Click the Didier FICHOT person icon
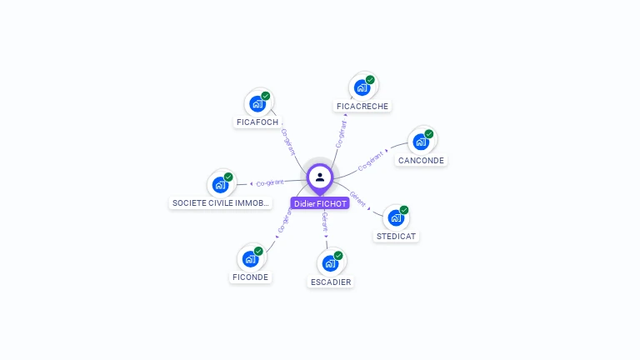[320, 177]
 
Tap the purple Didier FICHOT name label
[320, 203]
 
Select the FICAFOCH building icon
[257, 105]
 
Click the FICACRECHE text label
[362, 107]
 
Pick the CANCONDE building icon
[421, 142]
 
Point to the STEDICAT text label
[397, 236]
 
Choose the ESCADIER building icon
[330, 264]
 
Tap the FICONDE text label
[251, 277]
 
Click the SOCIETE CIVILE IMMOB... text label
[221, 203]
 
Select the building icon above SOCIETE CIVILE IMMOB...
[220, 185]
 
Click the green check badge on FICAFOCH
[266, 96]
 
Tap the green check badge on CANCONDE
[429, 133]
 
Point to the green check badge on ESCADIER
[338, 255]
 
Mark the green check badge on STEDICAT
[404, 210]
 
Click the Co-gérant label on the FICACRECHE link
[341, 134]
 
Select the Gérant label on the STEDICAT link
[357, 197]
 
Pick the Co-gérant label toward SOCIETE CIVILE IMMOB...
[270, 182]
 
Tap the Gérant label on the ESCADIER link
[325, 222]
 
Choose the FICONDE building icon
[250, 259]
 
